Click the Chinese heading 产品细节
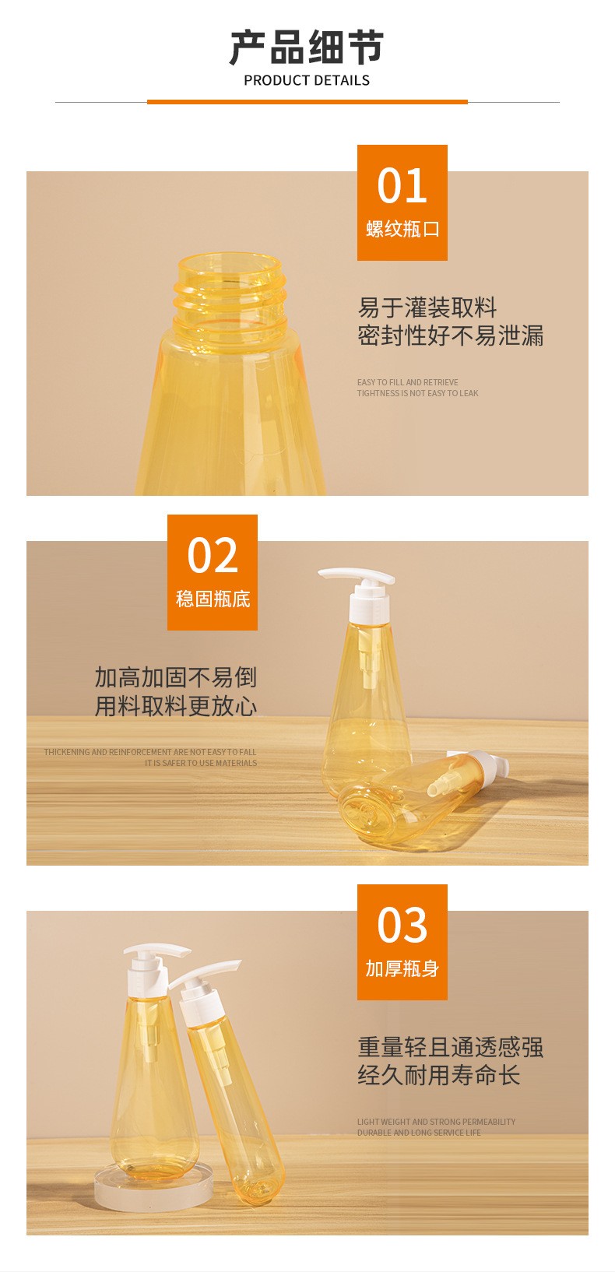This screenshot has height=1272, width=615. click(307, 47)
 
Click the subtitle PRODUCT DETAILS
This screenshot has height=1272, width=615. click(307, 81)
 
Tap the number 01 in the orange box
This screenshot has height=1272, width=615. click(402, 186)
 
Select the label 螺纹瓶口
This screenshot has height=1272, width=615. click(402, 229)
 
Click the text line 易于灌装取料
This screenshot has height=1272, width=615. click(427, 307)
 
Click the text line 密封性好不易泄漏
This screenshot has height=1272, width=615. click(450, 336)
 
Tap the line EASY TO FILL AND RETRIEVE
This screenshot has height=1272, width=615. click(408, 382)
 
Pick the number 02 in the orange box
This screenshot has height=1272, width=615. click(213, 555)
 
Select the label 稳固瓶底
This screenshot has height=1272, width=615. click(213, 599)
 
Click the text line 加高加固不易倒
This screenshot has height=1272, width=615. click(175, 677)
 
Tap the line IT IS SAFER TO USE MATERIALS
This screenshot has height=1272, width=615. click(201, 763)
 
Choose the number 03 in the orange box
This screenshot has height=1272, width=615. click(402, 925)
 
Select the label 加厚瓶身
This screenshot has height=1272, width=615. click(402, 968)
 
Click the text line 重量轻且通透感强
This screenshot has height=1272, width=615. click(450, 1047)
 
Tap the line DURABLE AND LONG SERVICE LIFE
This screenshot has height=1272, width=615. click(419, 1133)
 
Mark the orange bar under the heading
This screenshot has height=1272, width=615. click(307, 102)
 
